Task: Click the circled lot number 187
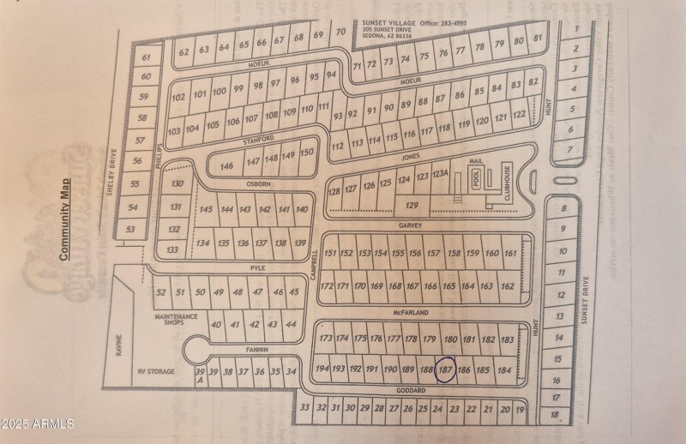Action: click(445, 369)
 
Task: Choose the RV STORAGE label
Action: click(157, 372)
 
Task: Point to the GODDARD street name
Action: click(412, 391)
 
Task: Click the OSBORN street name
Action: click(258, 183)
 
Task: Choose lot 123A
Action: click(441, 174)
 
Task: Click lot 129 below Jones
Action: click(412, 205)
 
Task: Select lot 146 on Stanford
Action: click(226, 165)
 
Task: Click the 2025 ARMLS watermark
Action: click(39, 423)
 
